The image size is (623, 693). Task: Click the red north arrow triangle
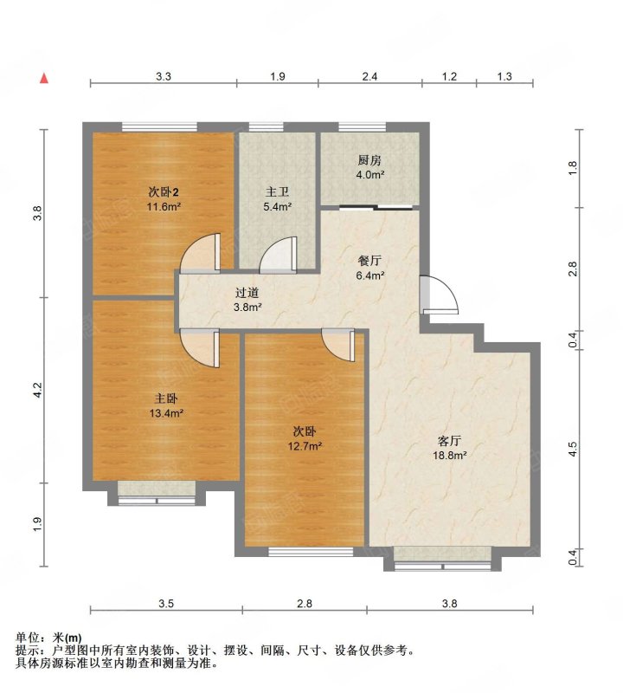pyautogui.click(x=44, y=78)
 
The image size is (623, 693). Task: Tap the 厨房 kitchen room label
pyautogui.click(x=369, y=160)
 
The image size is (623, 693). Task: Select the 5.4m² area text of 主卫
pyautogui.click(x=277, y=206)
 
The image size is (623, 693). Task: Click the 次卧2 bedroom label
pyautogui.click(x=164, y=192)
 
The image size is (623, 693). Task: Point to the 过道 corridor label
pyautogui.click(x=247, y=293)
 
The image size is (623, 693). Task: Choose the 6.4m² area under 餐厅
pyautogui.click(x=370, y=275)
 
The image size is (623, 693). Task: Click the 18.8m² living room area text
pyautogui.click(x=449, y=456)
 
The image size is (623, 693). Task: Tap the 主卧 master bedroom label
pyautogui.click(x=166, y=398)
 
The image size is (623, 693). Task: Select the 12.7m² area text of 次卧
pyautogui.click(x=305, y=446)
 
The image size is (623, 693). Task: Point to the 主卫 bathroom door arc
pyautogui.click(x=278, y=255)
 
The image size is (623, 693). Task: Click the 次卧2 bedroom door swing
pyautogui.click(x=200, y=252)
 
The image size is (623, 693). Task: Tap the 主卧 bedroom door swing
pyautogui.click(x=200, y=348)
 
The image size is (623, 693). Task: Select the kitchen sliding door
pyautogui.click(x=376, y=207)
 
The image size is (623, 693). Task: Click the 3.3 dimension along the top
pyautogui.click(x=164, y=76)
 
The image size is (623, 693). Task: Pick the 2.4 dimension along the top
pyautogui.click(x=369, y=76)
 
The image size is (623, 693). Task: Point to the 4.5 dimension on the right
pyautogui.click(x=573, y=450)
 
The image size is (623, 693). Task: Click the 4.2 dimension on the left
pyautogui.click(x=38, y=389)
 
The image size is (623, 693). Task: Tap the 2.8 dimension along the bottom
pyautogui.click(x=305, y=603)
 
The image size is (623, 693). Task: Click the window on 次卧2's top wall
pyautogui.click(x=159, y=126)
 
